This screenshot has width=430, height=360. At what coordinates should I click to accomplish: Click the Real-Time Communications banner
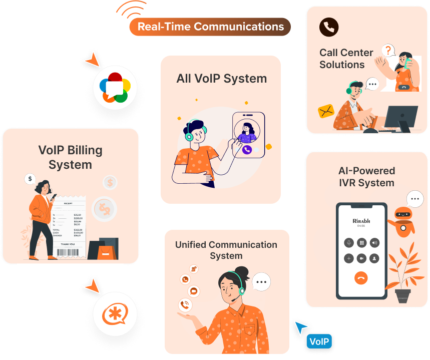(210, 27)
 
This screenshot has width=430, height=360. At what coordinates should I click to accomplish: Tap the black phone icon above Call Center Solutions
(329, 27)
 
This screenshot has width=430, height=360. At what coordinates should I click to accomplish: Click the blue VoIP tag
(319, 341)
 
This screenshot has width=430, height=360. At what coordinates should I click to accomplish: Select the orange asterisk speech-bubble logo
(115, 314)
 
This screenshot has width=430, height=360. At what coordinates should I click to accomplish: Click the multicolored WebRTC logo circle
(115, 87)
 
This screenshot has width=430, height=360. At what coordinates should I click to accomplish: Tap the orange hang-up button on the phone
(361, 278)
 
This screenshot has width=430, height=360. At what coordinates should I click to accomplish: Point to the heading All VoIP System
(221, 79)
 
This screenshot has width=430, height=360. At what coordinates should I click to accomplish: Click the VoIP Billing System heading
(70, 157)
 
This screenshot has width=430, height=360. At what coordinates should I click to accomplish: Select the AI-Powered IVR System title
(366, 177)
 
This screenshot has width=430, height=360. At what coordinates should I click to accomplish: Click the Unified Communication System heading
(226, 250)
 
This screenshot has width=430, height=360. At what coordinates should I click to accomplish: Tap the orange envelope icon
(326, 111)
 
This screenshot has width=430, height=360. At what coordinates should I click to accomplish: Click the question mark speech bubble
(387, 50)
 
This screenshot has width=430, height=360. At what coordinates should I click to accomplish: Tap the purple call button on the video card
(246, 149)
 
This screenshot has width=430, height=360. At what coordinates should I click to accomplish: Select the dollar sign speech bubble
(31, 178)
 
